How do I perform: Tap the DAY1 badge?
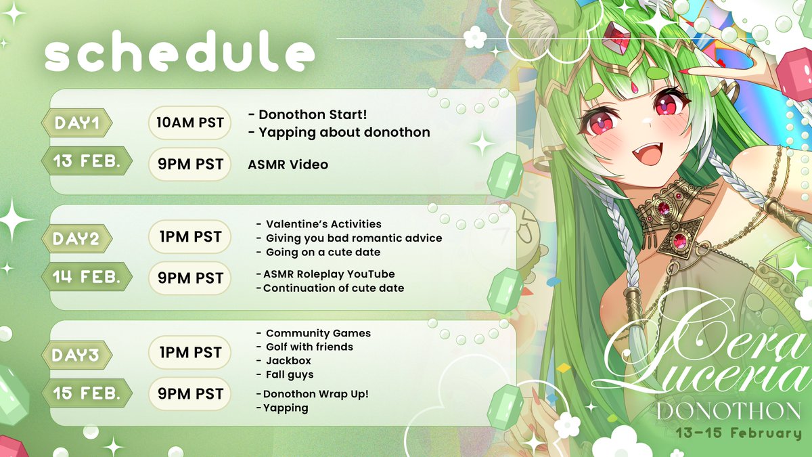[x=76, y=123]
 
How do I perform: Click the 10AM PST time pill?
[x=190, y=123]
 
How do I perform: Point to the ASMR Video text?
[x=289, y=164]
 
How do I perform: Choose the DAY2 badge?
[x=76, y=238]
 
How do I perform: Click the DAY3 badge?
[x=76, y=353]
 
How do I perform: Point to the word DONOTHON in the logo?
[x=728, y=410]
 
